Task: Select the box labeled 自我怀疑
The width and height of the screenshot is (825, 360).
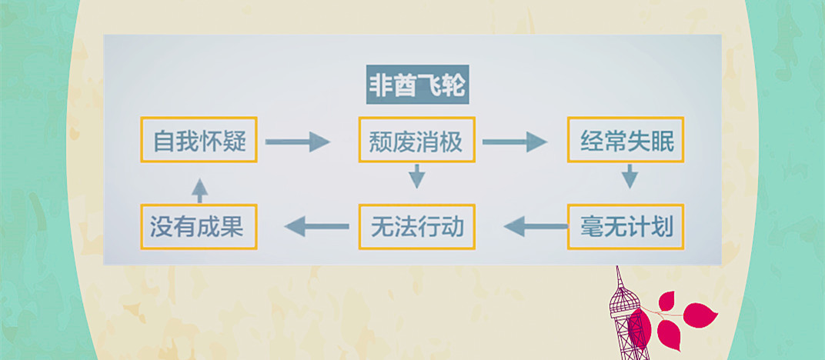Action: coord(199,140)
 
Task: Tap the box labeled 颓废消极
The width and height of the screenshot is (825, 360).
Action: coord(416,140)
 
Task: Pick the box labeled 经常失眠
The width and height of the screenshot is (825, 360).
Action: coord(626,140)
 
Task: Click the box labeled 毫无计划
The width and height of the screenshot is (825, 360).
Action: coord(626,227)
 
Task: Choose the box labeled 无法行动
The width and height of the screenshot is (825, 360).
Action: coord(416,227)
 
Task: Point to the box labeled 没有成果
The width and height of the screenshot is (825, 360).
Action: coord(199,227)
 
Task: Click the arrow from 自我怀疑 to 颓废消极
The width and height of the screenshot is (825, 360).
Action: coord(297,141)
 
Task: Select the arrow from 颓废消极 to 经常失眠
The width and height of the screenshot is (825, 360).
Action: coord(514,141)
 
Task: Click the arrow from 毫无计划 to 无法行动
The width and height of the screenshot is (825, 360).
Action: coord(536,226)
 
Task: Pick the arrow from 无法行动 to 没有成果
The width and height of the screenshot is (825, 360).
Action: coord(316,226)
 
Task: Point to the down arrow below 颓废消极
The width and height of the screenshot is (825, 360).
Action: coord(417,178)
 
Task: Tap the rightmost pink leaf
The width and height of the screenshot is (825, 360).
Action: coord(701,315)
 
